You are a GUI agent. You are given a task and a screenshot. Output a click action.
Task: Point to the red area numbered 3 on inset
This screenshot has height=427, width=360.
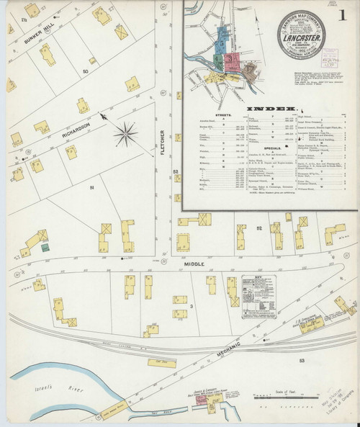pyautogui.click(x=232, y=60)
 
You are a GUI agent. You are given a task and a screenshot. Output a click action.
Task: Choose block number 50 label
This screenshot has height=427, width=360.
pyautogui.click(x=85, y=73)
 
